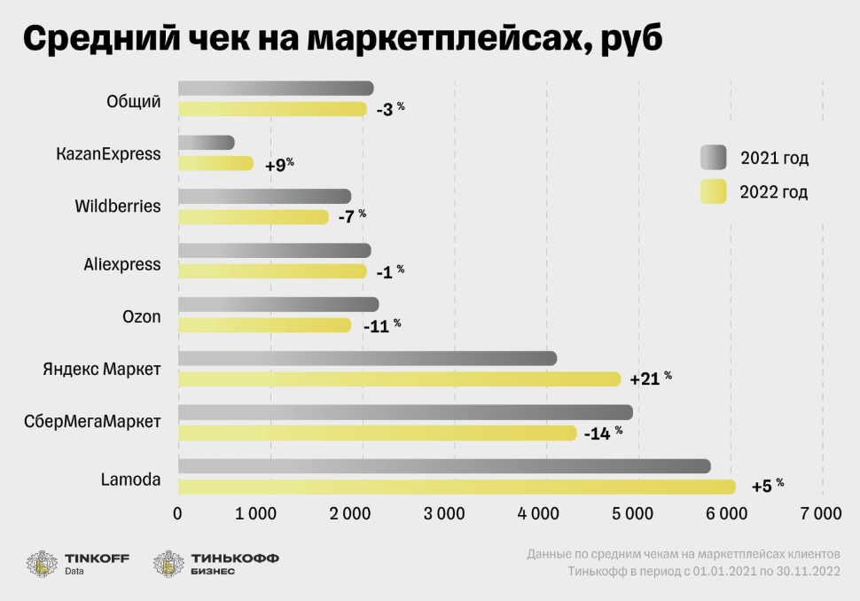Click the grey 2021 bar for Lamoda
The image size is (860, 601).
tap(443, 466)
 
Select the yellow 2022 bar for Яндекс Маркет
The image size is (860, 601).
tap(399, 379)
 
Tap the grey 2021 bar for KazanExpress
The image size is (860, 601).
tap(206, 143)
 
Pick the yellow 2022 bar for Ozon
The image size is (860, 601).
tap(264, 325)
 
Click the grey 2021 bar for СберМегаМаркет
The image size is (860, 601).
tap(405, 412)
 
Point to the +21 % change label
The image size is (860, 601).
tap(650, 379)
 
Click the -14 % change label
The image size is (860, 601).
tap(603, 433)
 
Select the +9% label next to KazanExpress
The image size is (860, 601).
tap(278, 164)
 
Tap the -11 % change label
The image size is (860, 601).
tap(381, 325)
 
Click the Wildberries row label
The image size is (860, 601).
tap(118, 207)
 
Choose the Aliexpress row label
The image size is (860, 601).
tap(122, 264)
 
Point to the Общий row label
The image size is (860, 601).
tap(133, 101)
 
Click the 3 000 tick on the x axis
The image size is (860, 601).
tap(452, 513)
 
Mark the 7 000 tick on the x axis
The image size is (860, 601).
tap(821, 513)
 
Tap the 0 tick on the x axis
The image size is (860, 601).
tap(178, 513)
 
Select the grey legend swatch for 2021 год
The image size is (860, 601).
tap(713, 158)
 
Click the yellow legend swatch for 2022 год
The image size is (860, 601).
tap(713, 191)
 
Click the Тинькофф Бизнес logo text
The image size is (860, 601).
tap(234, 564)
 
